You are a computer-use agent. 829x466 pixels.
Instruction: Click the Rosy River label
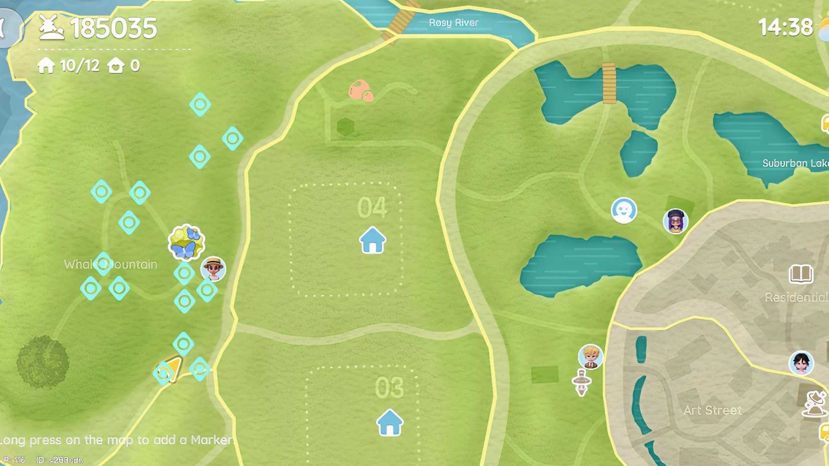click(453, 23)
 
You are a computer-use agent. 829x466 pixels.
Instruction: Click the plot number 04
click(372, 207)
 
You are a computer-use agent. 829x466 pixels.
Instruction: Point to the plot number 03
click(389, 388)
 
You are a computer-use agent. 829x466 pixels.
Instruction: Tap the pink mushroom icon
click(360, 90)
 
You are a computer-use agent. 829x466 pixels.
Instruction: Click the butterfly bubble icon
click(186, 242)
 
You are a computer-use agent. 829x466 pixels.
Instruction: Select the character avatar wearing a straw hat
click(213, 269)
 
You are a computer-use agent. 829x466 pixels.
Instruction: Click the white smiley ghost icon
click(624, 210)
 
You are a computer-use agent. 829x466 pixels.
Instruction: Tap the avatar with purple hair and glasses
click(675, 221)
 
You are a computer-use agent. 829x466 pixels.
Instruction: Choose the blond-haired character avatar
click(590, 356)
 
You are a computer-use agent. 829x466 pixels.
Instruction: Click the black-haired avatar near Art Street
click(801, 363)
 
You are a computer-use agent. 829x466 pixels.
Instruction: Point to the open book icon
click(801, 274)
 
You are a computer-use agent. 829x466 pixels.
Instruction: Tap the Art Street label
click(712, 410)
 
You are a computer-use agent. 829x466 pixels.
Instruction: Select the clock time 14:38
click(785, 27)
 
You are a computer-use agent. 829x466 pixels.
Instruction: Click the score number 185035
click(114, 28)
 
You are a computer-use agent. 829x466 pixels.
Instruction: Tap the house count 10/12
click(79, 66)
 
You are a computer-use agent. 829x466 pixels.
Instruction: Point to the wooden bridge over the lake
click(609, 83)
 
